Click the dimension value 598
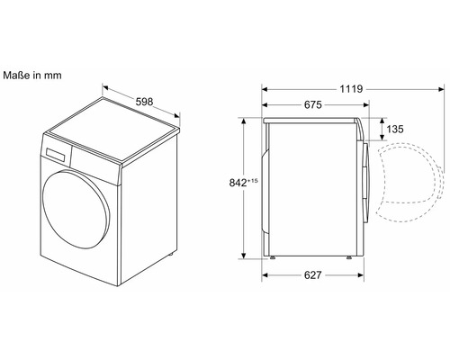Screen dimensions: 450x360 [x=144, y=102]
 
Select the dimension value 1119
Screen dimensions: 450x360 [x=351, y=89]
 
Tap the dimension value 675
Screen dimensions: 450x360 [x=313, y=104]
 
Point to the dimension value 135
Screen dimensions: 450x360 [x=395, y=129]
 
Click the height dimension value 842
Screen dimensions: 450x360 [x=238, y=183]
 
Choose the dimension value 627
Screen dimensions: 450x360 [x=313, y=275]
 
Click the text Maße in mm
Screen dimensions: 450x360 [x=32, y=76]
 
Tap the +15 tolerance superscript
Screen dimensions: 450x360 [x=253, y=181]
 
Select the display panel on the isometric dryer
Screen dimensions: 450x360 [x=56, y=154]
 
